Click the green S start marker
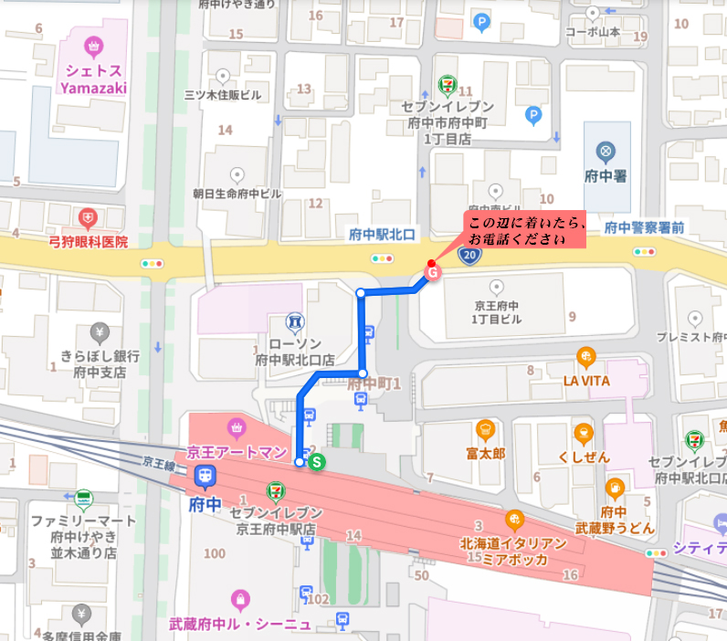point(317,462)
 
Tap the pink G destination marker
point(433,271)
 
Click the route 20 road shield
point(469,258)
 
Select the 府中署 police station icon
point(605,151)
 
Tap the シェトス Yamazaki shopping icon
point(92,47)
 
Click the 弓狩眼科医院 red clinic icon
point(88,218)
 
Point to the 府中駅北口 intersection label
point(382,235)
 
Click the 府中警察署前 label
point(644,228)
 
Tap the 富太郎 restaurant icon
point(485,428)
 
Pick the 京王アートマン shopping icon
point(237,426)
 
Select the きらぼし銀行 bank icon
point(100,331)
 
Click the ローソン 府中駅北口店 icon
point(295,321)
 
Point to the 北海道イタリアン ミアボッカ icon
point(515,520)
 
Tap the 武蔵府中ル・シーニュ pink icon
point(240,599)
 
